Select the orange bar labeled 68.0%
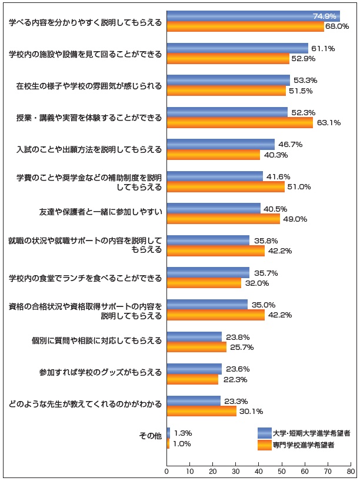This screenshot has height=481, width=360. coord(245,26)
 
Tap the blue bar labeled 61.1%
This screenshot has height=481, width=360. coord(238,48)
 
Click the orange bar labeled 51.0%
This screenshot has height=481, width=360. coord(226,186)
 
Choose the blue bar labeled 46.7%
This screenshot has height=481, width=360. coord(221,144)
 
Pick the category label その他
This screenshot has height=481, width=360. coord(150,438)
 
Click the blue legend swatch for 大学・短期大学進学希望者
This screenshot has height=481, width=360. coord(265,433)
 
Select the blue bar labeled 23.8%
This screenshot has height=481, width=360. coord(194,337)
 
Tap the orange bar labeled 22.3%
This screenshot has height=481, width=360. coord(192,379)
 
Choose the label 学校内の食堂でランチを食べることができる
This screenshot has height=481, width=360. coord(85,278)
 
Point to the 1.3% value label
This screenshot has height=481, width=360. coord(184,433)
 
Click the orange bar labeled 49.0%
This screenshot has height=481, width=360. coord(224,219)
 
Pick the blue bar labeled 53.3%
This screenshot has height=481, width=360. coord(228,80)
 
